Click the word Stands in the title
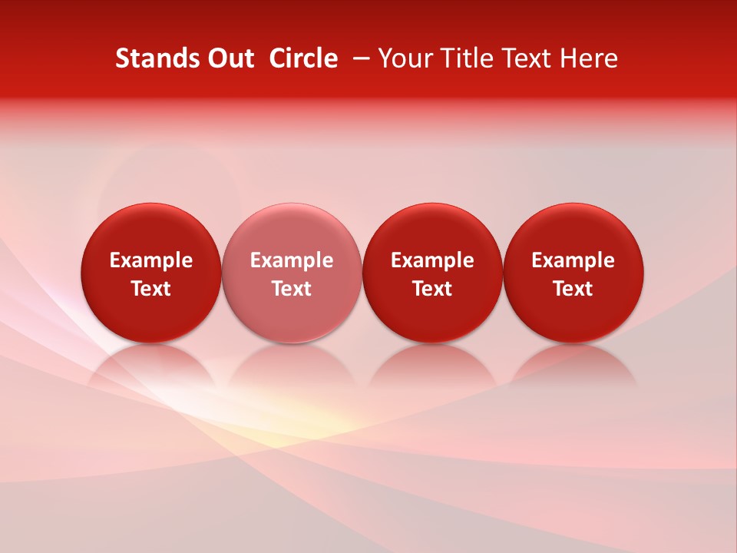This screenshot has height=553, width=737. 154,58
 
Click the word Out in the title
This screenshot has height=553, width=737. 228,58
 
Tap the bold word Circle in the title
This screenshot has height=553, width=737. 303,58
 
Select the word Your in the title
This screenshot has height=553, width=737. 403,58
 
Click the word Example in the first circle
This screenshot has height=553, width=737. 151,260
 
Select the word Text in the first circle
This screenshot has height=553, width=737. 151,289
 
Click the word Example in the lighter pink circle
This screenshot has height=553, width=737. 292,260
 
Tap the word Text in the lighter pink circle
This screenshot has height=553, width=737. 292,289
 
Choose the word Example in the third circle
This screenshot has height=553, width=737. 432,260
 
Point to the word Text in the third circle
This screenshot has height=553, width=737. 432,289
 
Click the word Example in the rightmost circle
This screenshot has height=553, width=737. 573,260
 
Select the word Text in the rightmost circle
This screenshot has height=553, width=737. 573,289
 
